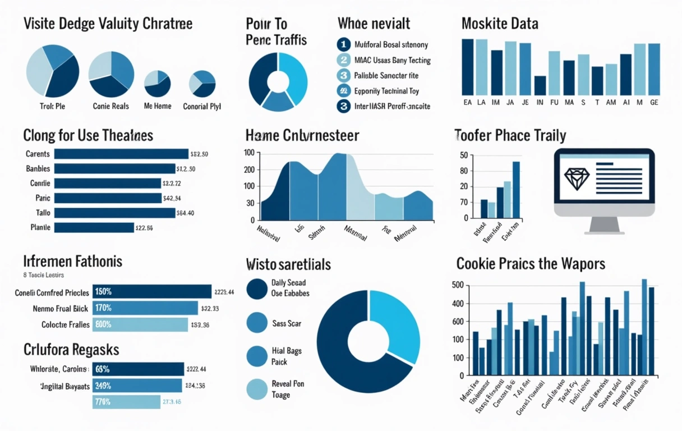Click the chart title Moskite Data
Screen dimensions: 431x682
(500, 24)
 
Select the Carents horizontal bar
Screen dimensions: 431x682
(121, 154)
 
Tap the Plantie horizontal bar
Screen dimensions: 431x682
(94, 227)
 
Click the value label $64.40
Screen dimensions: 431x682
(185, 213)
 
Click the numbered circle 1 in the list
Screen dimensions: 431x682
(343, 44)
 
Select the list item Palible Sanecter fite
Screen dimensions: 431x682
(386, 75)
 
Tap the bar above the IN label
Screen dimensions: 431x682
(540, 85)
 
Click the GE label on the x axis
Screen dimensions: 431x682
(654, 103)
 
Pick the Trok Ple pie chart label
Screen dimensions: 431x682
(52, 106)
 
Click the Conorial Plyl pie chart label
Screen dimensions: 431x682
(202, 107)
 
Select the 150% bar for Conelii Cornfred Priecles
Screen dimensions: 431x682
(151, 292)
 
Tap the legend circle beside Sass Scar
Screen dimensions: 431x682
(257, 323)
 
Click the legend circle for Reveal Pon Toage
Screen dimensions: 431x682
(257, 389)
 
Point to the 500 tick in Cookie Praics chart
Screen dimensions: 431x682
(458, 286)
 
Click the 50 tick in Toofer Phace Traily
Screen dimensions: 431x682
(463, 155)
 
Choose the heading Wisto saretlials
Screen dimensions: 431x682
(288, 264)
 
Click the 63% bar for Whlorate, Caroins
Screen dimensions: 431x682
(137, 369)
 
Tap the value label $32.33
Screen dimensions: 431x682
(209, 309)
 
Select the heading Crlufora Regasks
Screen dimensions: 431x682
(71, 350)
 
